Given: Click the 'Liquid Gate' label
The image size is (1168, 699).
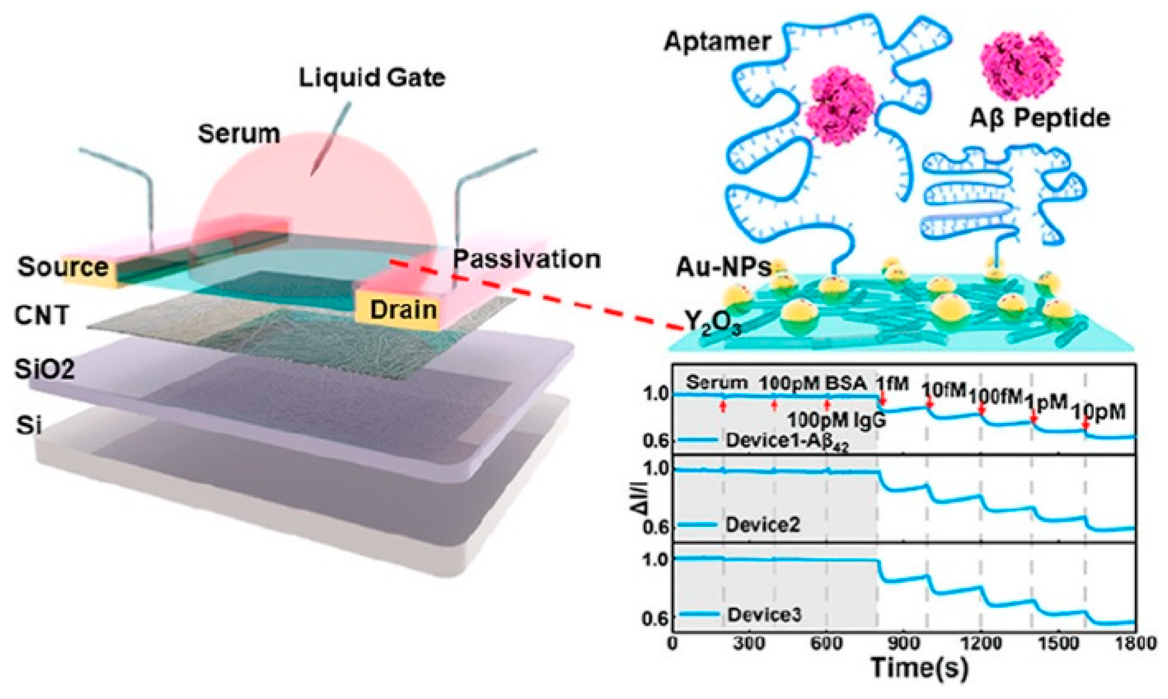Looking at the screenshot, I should pyautogui.click(x=372, y=77).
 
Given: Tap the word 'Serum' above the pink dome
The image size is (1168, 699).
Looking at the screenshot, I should pyautogui.click(x=239, y=134).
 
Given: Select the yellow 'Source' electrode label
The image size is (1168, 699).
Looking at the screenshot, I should pyautogui.click(x=63, y=267).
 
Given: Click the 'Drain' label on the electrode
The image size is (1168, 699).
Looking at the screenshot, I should pyautogui.click(x=403, y=309).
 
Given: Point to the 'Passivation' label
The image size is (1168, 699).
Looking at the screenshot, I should pyautogui.click(x=527, y=259).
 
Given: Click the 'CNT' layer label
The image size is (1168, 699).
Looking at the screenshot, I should pyautogui.click(x=42, y=315).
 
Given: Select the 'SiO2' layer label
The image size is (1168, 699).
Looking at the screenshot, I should pyautogui.click(x=45, y=369).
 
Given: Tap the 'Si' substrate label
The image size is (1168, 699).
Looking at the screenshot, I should pyautogui.click(x=29, y=425).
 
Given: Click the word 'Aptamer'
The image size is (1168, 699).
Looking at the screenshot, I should pyautogui.click(x=717, y=41).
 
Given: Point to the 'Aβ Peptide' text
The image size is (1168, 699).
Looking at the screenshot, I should pyautogui.click(x=1039, y=118).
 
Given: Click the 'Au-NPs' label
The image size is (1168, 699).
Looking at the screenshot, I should pyautogui.click(x=723, y=266).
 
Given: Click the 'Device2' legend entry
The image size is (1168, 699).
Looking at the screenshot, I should pyautogui.click(x=762, y=524).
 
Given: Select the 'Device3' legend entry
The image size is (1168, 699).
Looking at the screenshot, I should pyautogui.click(x=764, y=614).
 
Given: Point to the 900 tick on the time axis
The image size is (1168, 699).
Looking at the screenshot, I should pyautogui.click(x=903, y=643).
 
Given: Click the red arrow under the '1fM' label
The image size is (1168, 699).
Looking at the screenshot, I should pyautogui.click(x=882, y=399).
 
